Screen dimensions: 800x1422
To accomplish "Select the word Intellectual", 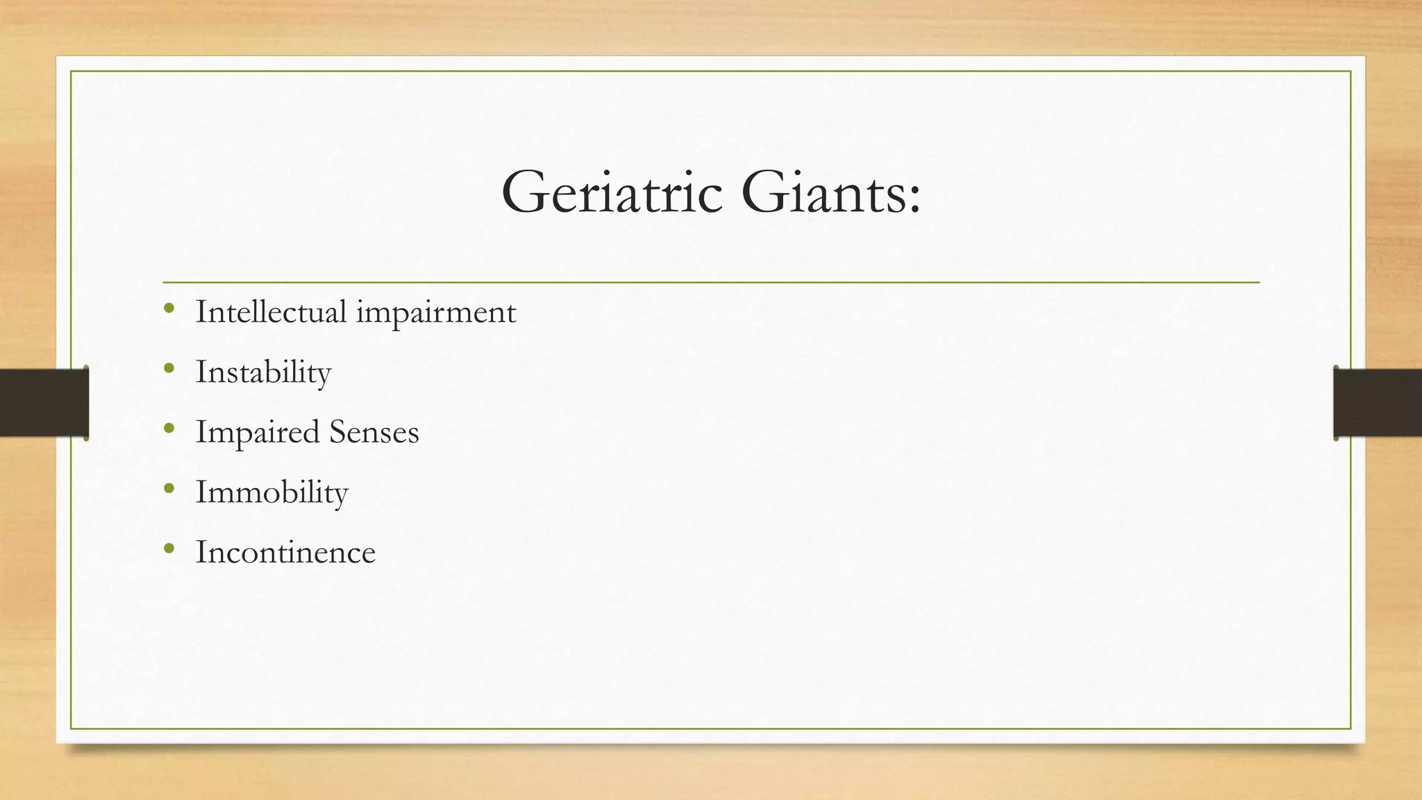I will coord(271,311).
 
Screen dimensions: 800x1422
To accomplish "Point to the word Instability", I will coord(263,372).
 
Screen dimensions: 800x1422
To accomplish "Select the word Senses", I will coord(374,432).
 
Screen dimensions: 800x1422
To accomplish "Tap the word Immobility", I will coord(271,492).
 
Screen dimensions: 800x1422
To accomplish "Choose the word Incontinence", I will coord(285,553).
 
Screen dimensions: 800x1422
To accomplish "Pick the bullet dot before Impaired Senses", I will coord(169,429).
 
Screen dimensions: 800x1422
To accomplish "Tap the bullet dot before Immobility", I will coord(169,489).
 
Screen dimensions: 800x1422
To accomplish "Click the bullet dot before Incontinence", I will coord(169,549).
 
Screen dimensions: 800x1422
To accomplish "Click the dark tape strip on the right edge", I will coord(1378,403).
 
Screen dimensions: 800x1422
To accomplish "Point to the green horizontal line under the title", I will coord(711,283).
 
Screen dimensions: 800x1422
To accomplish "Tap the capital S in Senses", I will coord(337,431).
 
